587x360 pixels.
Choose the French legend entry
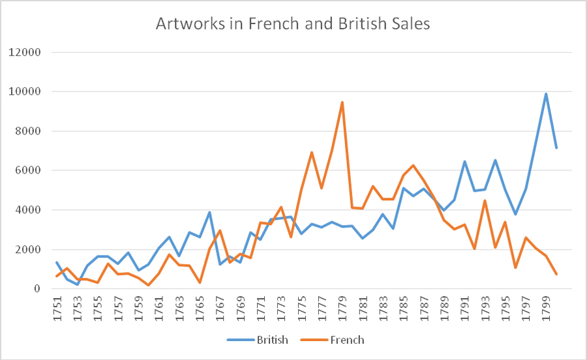[347, 340]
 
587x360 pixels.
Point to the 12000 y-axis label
[24, 52]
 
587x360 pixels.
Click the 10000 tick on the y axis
[24, 92]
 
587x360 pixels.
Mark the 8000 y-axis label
[27, 131]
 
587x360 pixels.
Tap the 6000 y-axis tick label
[27, 171]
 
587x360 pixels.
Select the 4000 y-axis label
[27, 210]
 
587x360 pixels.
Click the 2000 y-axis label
[27, 250]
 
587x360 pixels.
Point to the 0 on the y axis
[37, 289]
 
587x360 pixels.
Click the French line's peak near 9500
[342, 102]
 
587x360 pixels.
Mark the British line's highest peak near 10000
[546, 94]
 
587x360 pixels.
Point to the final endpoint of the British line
[556, 148]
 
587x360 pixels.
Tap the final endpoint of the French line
[556, 274]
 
